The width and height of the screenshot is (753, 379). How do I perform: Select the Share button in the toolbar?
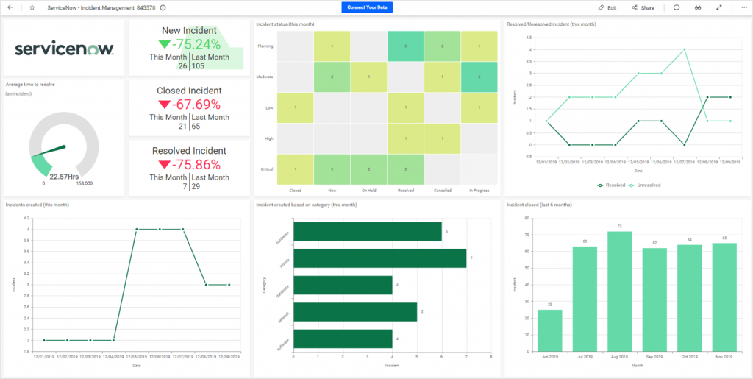coord(643,7)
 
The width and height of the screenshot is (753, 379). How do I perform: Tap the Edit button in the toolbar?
coord(607,7)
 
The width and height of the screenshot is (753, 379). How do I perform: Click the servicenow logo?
coord(65,49)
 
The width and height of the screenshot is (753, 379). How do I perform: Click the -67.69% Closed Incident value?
coord(188,104)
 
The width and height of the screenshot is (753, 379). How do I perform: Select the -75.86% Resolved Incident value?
coord(189,163)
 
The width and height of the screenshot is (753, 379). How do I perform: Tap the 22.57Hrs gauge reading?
coord(65,177)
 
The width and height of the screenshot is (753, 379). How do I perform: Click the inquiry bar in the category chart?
coord(379,258)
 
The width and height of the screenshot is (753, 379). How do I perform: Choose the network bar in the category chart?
coord(355,312)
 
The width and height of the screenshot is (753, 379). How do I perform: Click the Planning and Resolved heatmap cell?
coord(405,46)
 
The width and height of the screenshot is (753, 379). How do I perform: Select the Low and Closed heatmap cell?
coord(295,107)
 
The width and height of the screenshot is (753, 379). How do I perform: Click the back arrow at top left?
coord(10,7)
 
